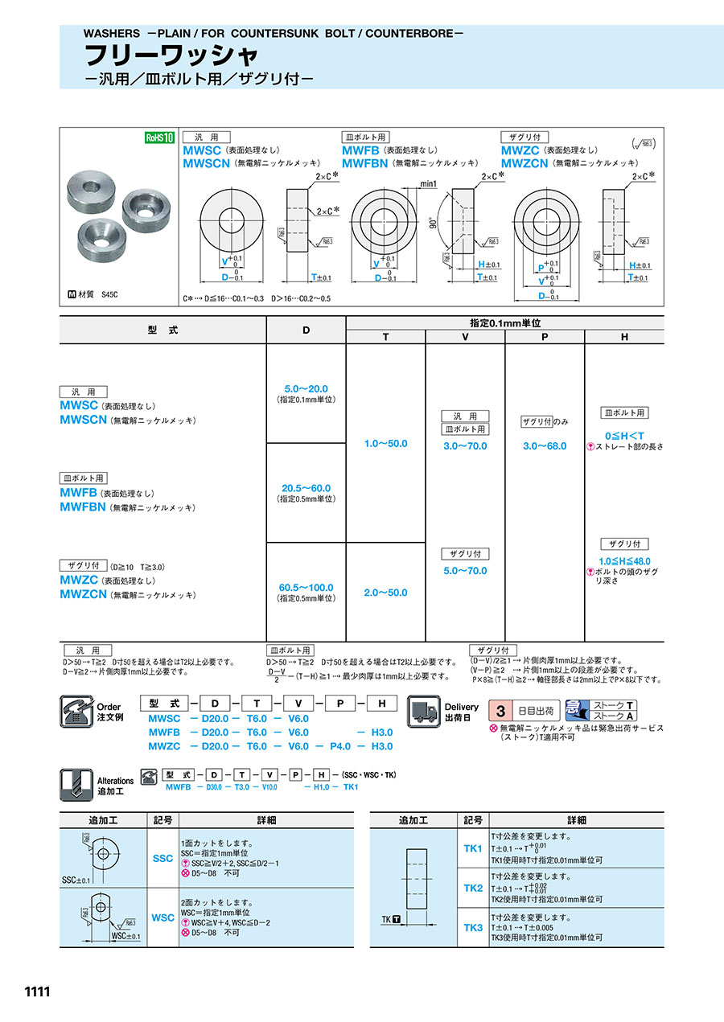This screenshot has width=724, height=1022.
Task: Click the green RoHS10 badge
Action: coord(159,137)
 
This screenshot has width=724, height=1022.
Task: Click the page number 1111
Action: coord(37,992)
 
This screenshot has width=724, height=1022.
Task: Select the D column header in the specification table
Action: coord(306,330)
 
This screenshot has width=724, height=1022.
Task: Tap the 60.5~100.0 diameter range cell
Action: coord(306,587)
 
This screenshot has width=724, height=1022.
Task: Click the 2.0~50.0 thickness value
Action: coord(385,593)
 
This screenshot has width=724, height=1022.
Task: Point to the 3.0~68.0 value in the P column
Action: coord(545,445)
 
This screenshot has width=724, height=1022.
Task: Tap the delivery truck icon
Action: coord(425,711)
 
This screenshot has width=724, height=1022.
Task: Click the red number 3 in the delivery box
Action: coord(501,711)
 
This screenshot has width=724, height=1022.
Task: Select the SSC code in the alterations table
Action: coord(162,858)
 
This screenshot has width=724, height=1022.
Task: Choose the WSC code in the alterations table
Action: coord(162,917)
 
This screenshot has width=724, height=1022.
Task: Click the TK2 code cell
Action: coord(473,888)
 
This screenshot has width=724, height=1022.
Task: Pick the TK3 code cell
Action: coord(473,927)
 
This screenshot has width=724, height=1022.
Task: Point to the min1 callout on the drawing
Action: coord(427,184)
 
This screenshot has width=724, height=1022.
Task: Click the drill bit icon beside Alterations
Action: coord(74,784)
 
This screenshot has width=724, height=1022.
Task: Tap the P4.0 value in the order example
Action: coord(343,746)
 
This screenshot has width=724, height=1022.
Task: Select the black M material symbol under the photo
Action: coord(72,295)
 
